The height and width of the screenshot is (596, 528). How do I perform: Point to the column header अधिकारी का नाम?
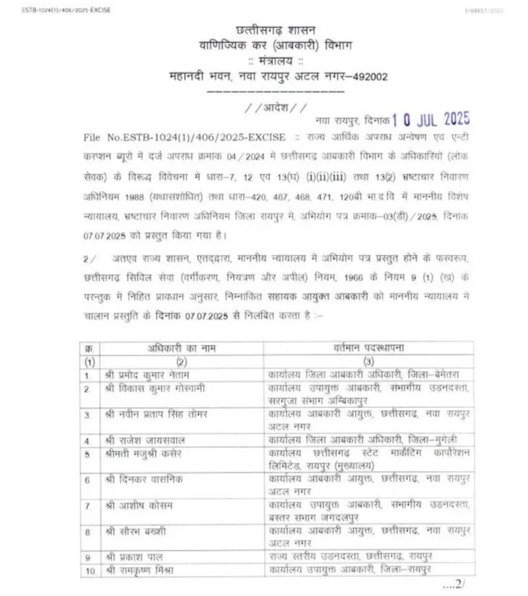coord(182,348)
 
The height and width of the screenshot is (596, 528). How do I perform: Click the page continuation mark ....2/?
coord(453,584)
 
